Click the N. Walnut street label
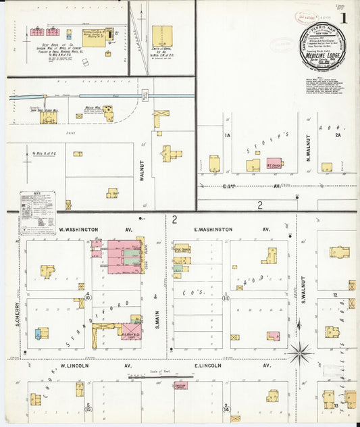click(307, 147)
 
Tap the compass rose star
click(299, 351)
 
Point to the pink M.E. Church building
click(274, 164)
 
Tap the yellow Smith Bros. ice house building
click(161, 35)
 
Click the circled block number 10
click(88, 297)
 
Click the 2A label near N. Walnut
click(337, 135)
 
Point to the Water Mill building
click(109, 114)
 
